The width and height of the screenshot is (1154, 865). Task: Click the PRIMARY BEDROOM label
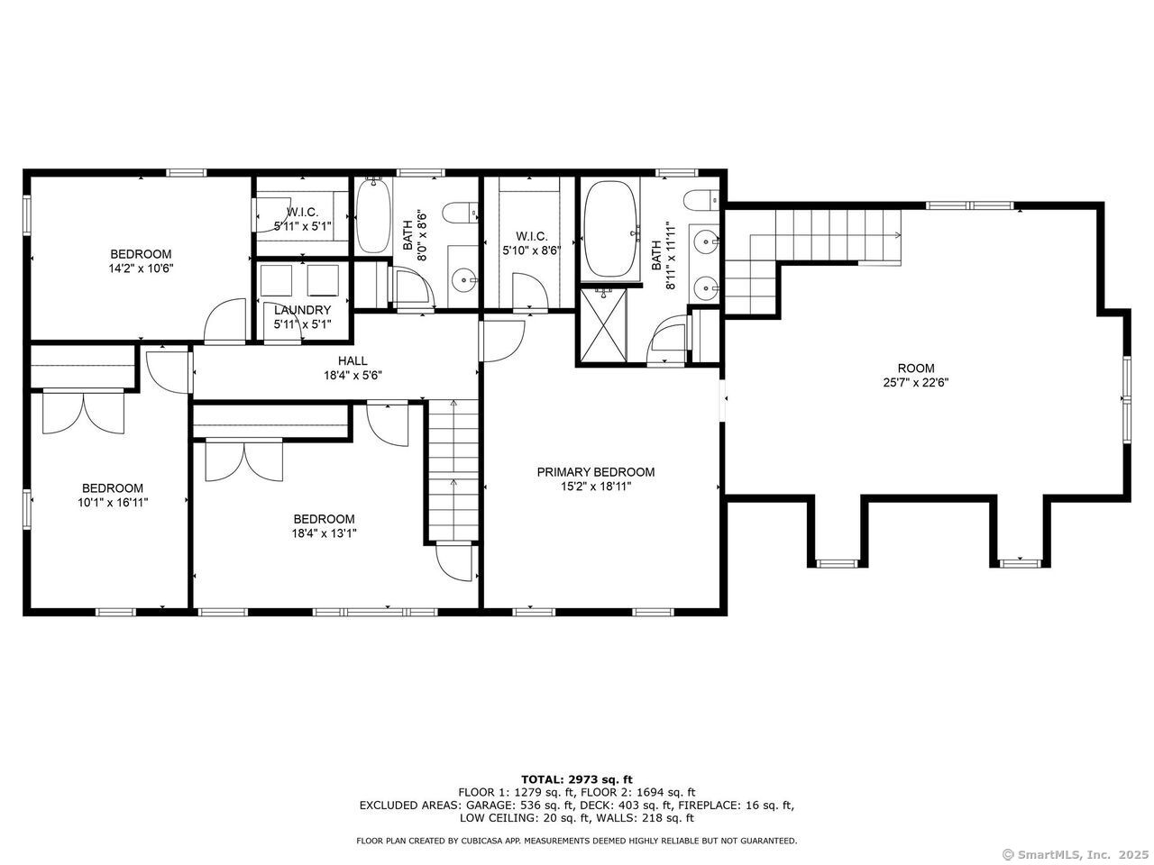coord(596,472)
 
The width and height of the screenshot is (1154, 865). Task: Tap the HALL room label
coord(353,360)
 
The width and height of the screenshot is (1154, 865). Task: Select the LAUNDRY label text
coord(302,310)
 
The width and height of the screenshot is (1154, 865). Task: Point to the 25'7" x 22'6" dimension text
coord(916,382)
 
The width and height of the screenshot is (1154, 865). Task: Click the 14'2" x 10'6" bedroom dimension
coord(141,269)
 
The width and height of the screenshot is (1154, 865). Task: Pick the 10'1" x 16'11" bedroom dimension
coord(113,503)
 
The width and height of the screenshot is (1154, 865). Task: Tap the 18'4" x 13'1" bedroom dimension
coord(325,533)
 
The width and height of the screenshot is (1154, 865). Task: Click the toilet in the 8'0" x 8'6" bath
coord(460,214)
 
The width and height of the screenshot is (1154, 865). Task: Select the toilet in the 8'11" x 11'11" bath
coord(701,200)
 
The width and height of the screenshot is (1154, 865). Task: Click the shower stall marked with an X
coord(603,325)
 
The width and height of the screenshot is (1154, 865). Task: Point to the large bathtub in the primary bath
coord(610,229)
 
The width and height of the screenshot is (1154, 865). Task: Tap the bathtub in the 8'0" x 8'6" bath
coord(373,216)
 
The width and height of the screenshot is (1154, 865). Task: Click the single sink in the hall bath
coord(463,278)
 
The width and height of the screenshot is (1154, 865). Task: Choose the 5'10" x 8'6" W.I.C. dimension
coord(532,251)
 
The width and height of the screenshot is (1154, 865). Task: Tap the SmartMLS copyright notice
coord(1076,854)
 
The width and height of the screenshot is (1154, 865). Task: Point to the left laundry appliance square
coord(276,280)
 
